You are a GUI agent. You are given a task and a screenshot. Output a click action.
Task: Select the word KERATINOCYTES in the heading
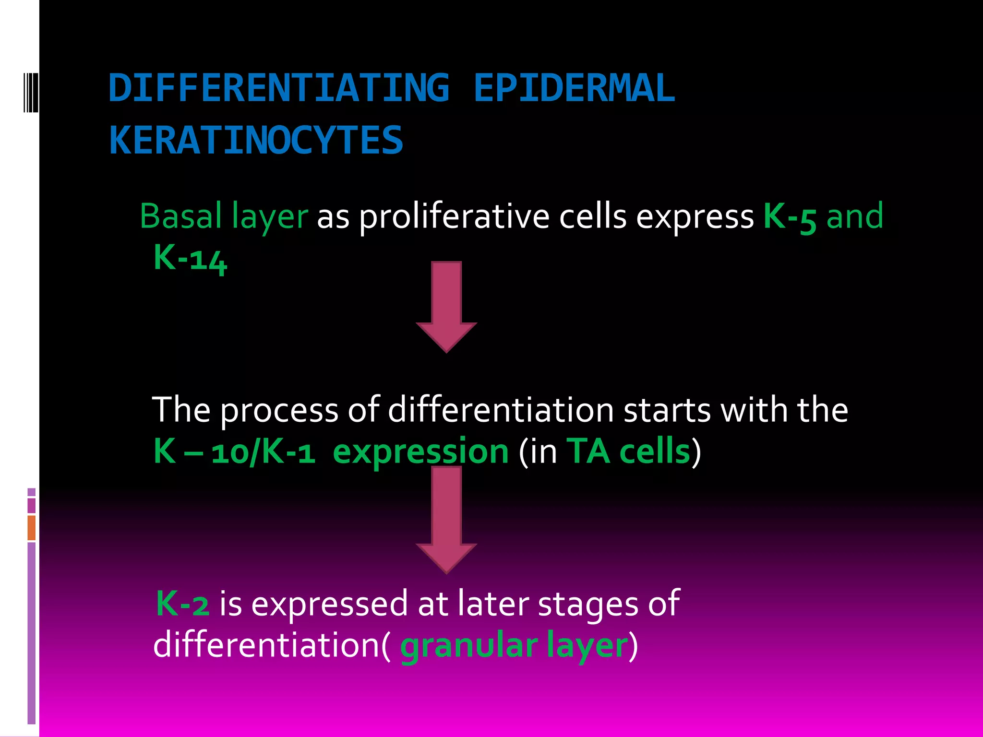click(x=256, y=140)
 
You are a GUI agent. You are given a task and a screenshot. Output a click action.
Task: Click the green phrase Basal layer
click(x=224, y=216)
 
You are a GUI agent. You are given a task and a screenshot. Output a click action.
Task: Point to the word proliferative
click(x=454, y=217)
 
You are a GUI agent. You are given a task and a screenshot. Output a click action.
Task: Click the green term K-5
click(x=790, y=217)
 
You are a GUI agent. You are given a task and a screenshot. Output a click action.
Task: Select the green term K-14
click(x=190, y=259)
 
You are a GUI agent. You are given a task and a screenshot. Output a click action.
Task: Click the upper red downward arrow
click(x=446, y=307)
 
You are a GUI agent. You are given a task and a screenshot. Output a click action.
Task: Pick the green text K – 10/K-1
click(x=234, y=452)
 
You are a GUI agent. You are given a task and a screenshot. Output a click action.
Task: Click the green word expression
click(x=420, y=452)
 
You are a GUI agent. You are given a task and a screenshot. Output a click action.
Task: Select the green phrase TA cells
click(x=628, y=452)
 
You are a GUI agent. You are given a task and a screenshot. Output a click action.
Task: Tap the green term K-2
click(x=183, y=604)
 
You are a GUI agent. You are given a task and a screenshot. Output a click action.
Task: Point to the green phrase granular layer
click(x=514, y=646)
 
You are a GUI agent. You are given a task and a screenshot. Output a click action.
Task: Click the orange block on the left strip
click(x=32, y=528)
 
